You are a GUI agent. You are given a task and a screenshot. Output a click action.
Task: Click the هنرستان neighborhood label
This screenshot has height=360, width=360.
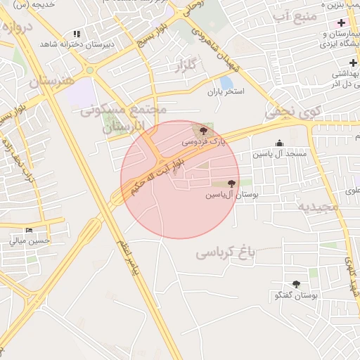tap(51, 82)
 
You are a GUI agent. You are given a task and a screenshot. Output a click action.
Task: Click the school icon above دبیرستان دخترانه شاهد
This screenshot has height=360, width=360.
tap(77, 34)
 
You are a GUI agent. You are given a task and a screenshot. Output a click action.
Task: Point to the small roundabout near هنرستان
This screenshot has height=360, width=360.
tap(89, 70)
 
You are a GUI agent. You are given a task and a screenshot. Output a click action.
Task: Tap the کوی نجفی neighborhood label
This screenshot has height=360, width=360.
tap(292, 110)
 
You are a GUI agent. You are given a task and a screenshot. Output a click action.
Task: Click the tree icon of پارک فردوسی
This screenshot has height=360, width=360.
tap(204, 131)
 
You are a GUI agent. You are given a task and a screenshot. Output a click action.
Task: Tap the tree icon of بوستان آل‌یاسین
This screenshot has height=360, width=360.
tap(231, 184)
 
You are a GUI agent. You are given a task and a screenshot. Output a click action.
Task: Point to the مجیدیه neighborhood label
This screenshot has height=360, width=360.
tap(318, 207)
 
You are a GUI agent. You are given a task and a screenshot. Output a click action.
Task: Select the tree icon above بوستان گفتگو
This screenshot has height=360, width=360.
tap(296, 285)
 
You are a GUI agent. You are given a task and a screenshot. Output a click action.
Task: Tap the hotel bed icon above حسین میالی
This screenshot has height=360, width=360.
tap(30, 230)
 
